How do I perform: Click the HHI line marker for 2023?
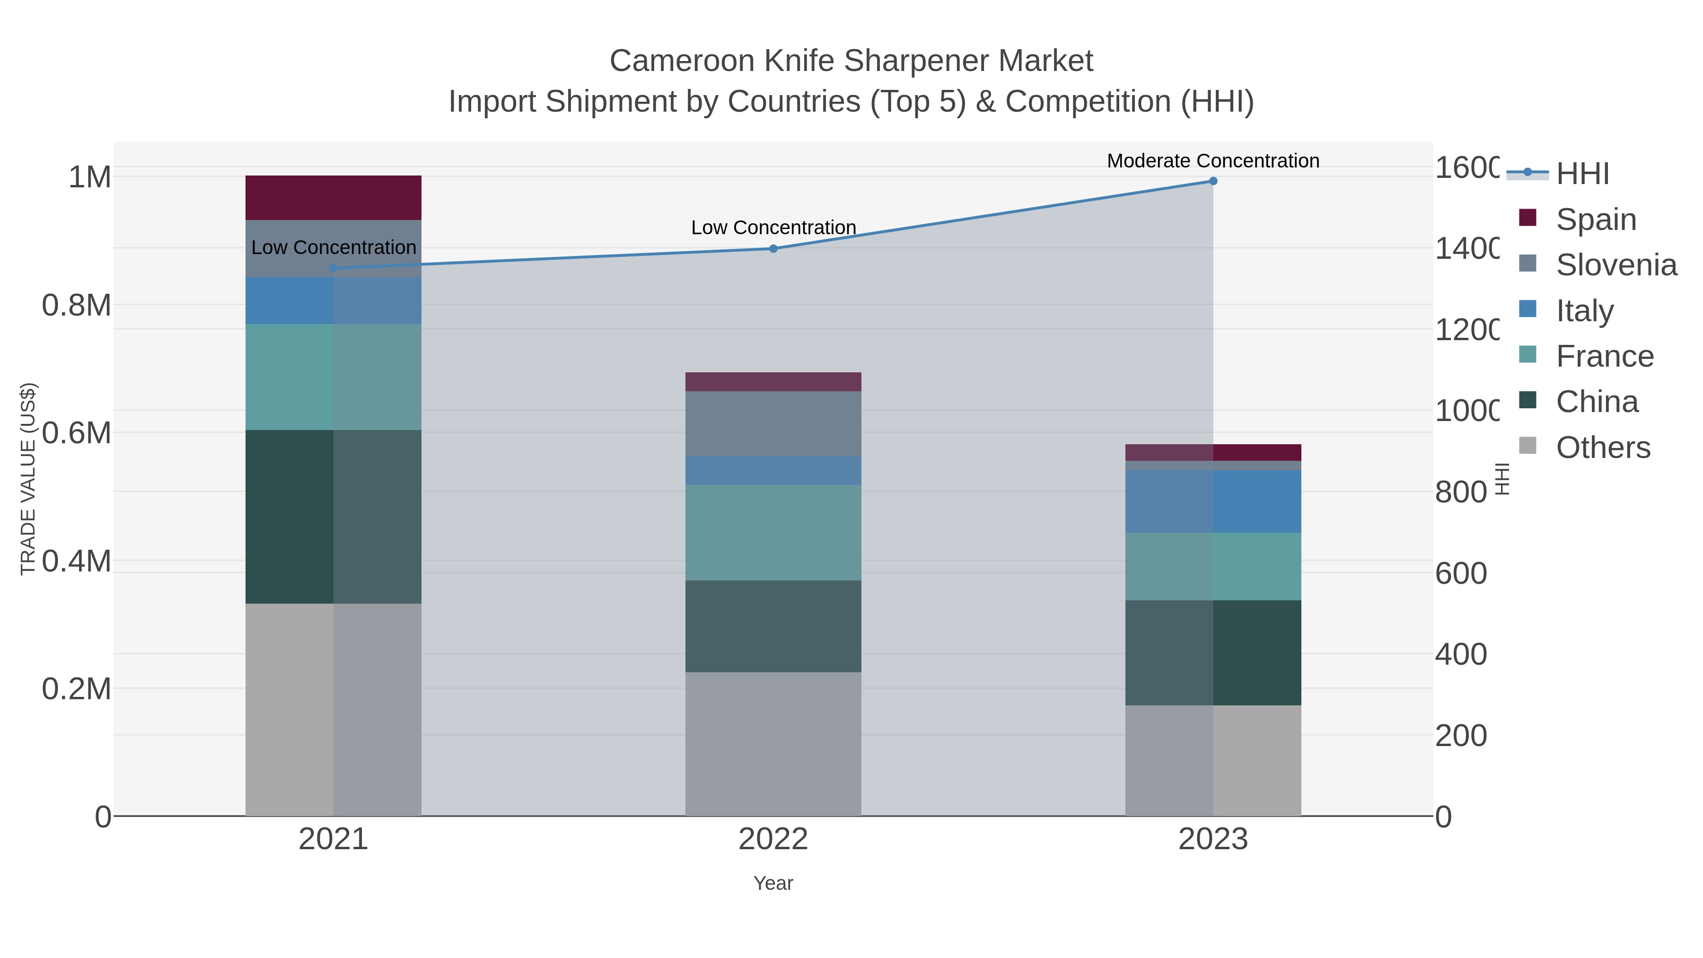click(x=1213, y=181)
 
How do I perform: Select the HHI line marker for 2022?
click(x=773, y=248)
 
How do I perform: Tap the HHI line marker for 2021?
click(x=333, y=268)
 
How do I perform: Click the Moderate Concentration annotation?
click(x=1213, y=161)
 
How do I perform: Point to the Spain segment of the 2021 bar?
click(x=333, y=198)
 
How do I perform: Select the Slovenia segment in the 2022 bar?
click(x=773, y=424)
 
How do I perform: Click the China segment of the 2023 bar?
click(x=1213, y=652)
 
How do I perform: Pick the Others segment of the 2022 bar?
click(x=773, y=744)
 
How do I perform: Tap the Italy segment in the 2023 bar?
click(x=1213, y=501)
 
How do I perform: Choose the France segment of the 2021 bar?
click(x=333, y=377)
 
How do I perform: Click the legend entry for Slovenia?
click(x=1616, y=265)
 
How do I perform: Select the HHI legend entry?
click(x=1582, y=174)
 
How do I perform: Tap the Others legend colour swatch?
click(x=1528, y=446)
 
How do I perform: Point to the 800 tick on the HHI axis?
click(x=1460, y=492)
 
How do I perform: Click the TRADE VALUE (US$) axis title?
click(x=28, y=479)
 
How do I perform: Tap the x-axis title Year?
click(x=773, y=883)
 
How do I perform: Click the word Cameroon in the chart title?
click(x=682, y=61)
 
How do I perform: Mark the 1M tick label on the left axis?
click(x=89, y=177)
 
